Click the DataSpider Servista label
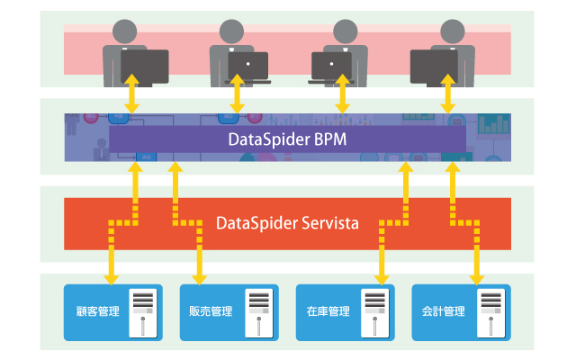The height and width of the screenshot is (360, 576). point(288,220)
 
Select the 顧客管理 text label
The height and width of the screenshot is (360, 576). point(98,312)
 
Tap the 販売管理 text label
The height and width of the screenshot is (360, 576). point(212,312)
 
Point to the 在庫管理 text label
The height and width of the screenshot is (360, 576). point(328,312)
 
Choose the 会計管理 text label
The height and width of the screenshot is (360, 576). point(444,312)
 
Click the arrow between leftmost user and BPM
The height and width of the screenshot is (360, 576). point(131,94)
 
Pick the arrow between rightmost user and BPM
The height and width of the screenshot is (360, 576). point(448,94)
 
